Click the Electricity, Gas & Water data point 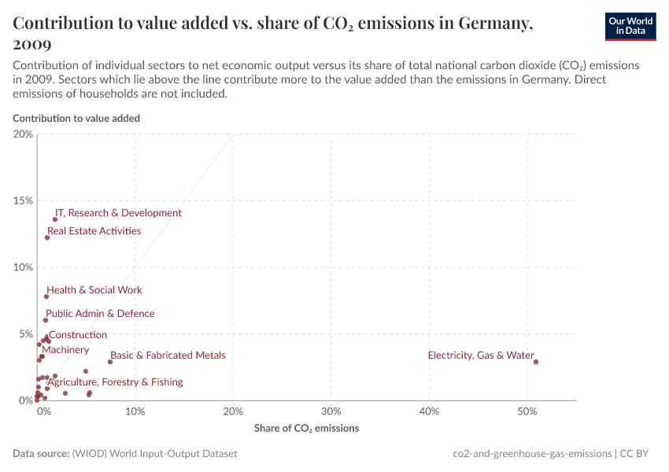(x=536, y=362)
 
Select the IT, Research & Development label (x=118, y=213)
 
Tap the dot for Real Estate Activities (x=47, y=238)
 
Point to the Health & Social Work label (x=94, y=289)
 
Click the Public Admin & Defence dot (x=46, y=320)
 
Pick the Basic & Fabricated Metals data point (x=110, y=362)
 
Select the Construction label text (x=78, y=335)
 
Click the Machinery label (x=65, y=350)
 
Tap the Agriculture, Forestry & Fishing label (x=115, y=382)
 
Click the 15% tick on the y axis (x=24, y=201)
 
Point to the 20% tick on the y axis (x=24, y=134)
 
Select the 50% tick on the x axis (x=527, y=411)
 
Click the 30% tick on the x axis (x=331, y=411)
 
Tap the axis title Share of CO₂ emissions (x=306, y=429)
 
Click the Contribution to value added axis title (x=76, y=118)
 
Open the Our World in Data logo (x=630, y=26)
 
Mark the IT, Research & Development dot (x=55, y=219)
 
